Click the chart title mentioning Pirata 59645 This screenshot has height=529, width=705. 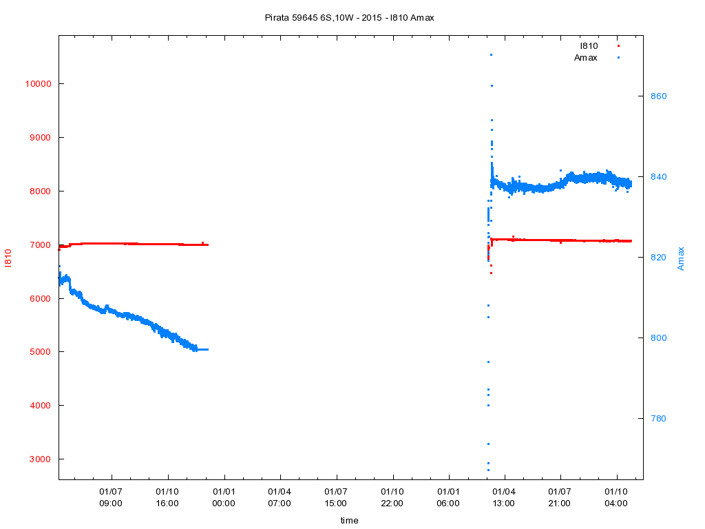[349, 17]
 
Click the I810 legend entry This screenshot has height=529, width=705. [589, 45]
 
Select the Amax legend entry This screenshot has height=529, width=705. [586, 57]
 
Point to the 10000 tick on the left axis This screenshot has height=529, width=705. [38, 84]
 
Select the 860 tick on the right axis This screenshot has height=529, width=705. [660, 96]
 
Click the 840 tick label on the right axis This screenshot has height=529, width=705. [660, 177]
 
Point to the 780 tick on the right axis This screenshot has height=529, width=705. [660, 419]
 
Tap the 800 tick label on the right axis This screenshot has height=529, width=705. [660, 338]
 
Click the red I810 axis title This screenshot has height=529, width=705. [8, 258]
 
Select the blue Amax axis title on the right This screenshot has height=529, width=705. [681, 258]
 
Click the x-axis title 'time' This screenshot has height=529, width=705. [349, 521]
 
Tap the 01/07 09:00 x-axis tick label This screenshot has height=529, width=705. [111, 497]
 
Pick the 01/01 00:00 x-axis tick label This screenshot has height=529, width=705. [224, 497]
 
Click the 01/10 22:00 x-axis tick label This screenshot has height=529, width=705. [392, 497]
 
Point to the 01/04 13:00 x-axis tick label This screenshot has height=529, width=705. [504, 497]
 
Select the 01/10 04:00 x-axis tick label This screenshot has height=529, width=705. [616, 497]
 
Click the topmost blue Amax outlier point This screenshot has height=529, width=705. [491, 55]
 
